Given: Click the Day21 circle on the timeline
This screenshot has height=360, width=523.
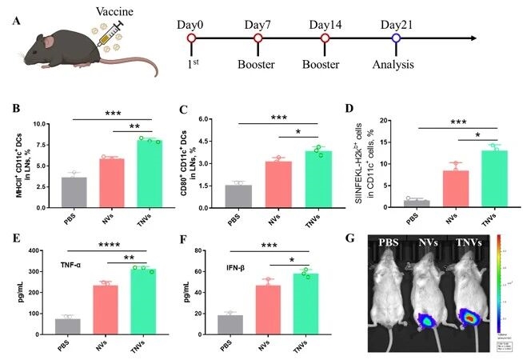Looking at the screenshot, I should coord(397,38).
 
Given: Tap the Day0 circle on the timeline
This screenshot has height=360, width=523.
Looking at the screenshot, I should coord(191,38).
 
